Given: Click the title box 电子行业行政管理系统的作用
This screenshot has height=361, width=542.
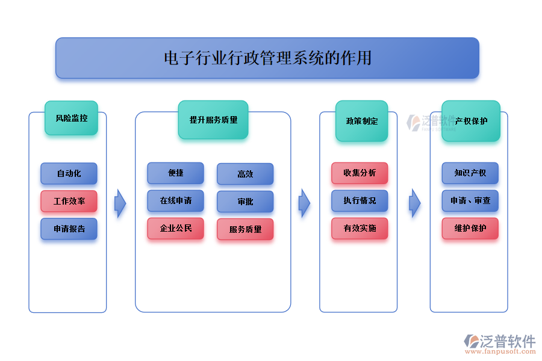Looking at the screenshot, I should tap(267, 58).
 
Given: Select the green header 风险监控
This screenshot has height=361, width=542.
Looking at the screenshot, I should tap(71, 118).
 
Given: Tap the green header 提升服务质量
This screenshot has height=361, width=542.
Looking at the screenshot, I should tap(213, 120).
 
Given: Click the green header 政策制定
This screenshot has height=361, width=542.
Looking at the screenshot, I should tap(361, 121).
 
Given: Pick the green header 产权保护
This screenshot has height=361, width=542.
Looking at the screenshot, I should tap(471, 121).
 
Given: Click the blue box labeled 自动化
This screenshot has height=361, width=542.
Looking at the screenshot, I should tap(69, 173).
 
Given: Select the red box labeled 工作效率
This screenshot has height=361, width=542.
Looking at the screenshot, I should tap(69, 202).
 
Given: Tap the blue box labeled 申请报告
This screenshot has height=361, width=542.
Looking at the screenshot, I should tap(69, 229).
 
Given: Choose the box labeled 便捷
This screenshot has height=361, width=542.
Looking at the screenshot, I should tap(175, 173).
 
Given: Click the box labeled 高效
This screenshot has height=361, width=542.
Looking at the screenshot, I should tap(245, 174).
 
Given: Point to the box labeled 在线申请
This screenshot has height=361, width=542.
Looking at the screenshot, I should tap(175, 201).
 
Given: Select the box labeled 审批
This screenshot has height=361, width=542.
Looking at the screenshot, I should tap(245, 202).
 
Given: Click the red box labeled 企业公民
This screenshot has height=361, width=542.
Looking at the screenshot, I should tap(175, 229).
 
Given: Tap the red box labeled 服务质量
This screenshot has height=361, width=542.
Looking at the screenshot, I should tap(245, 229).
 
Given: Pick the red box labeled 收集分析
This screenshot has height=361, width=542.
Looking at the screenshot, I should tap(360, 173).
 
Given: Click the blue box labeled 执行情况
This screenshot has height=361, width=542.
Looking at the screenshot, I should tap(360, 201).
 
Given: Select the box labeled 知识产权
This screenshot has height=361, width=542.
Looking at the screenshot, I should tap(470, 173).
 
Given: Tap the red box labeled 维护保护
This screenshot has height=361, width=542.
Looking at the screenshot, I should tap(470, 229).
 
